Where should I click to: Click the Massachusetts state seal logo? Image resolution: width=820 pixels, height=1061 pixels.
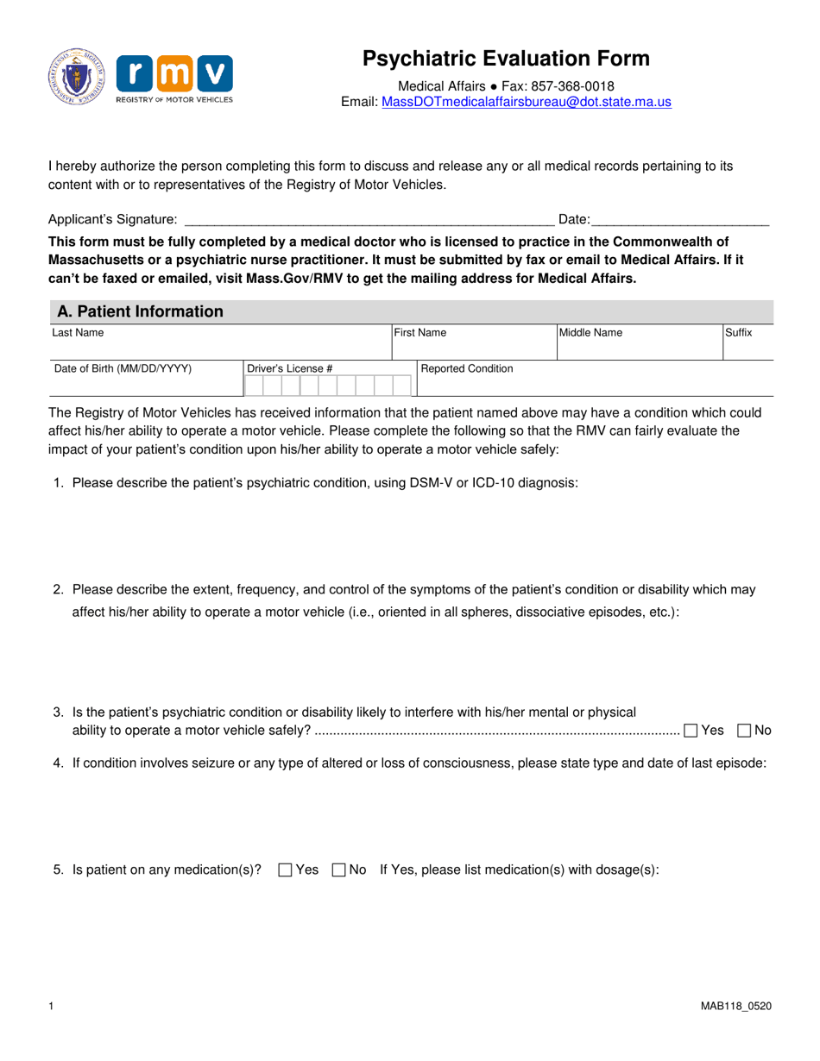78,78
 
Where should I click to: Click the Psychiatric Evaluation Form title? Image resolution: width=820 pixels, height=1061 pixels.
506,59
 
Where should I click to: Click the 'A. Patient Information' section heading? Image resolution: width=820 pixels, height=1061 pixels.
139,311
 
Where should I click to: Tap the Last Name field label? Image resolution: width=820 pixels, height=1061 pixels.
78,332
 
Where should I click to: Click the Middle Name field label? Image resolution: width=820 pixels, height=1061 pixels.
590,332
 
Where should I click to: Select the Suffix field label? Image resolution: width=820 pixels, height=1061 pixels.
738,332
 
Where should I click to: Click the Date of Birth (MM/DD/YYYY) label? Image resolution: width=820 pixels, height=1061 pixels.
123,368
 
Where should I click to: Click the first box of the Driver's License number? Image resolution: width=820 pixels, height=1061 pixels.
254,385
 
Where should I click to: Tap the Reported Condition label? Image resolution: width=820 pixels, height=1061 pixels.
466,368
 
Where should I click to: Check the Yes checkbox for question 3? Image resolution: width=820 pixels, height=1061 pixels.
691,731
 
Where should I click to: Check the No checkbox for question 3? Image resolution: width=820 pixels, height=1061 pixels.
744,731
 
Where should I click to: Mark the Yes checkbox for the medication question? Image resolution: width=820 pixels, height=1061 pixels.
285,870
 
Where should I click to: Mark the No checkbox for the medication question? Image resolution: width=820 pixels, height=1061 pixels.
338,870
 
